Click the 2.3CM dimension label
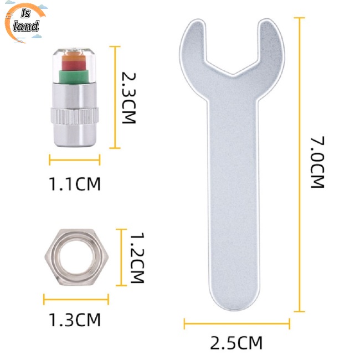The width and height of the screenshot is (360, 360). (x=128, y=98)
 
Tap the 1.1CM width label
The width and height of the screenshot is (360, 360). (x=75, y=184)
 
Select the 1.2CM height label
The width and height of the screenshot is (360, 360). (x=137, y=258)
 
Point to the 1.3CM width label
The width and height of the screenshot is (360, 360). (x=75, y=320)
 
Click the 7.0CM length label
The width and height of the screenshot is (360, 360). (x=317, y=162)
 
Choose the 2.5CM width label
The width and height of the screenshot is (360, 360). (x=236, y=343)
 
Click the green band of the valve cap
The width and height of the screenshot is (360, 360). (x=74, y=76)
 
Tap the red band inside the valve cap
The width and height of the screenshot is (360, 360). (x=74, y=65)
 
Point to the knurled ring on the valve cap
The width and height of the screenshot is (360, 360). (x=75, y=116)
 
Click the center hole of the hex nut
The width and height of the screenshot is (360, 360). (x=76, y=257)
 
